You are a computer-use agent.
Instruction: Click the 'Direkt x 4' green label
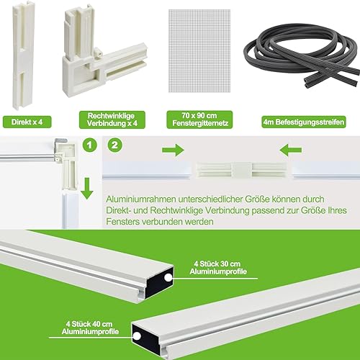pyautogui.click(x=27, y=122)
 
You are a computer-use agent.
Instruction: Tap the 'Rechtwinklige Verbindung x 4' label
pyautogui.click(x=112, y=120)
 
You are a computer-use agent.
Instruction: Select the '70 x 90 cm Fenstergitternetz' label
pyautogui.click(x=199, y=120)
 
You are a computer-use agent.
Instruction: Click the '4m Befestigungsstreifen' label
pyautogui.click(x=304, y=122)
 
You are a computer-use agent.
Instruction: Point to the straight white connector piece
pyautogui.click(x=23, y=55)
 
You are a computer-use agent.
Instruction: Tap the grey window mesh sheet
pyautogui.click(x=199, y=51)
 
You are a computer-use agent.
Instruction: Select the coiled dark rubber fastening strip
pyautogui.click(x=302, y=55)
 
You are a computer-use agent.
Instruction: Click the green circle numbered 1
pyautogui.click(x=89, y=145)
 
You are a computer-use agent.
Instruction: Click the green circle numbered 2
pyautogui.click(x=115, y=145)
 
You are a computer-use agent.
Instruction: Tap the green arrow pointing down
pyautogui.click(x=87, y=189)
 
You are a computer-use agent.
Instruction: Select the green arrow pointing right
pyautogui.click(x=173, y=150)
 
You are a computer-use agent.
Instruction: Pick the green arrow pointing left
pyautogui.click(x=291, y=150)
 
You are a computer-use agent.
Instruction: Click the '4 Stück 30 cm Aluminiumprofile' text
pyautogui.click(x=218, y=268)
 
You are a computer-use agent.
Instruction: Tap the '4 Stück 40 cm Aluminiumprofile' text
pyautogui.click(x=90, y=328)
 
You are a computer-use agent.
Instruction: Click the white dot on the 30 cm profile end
pyautogui.click(x=168, y=278)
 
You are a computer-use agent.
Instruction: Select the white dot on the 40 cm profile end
pyautogui.click(x=137, y=336)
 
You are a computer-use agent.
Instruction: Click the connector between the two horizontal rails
pyautogui.click(x=242, y=170)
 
